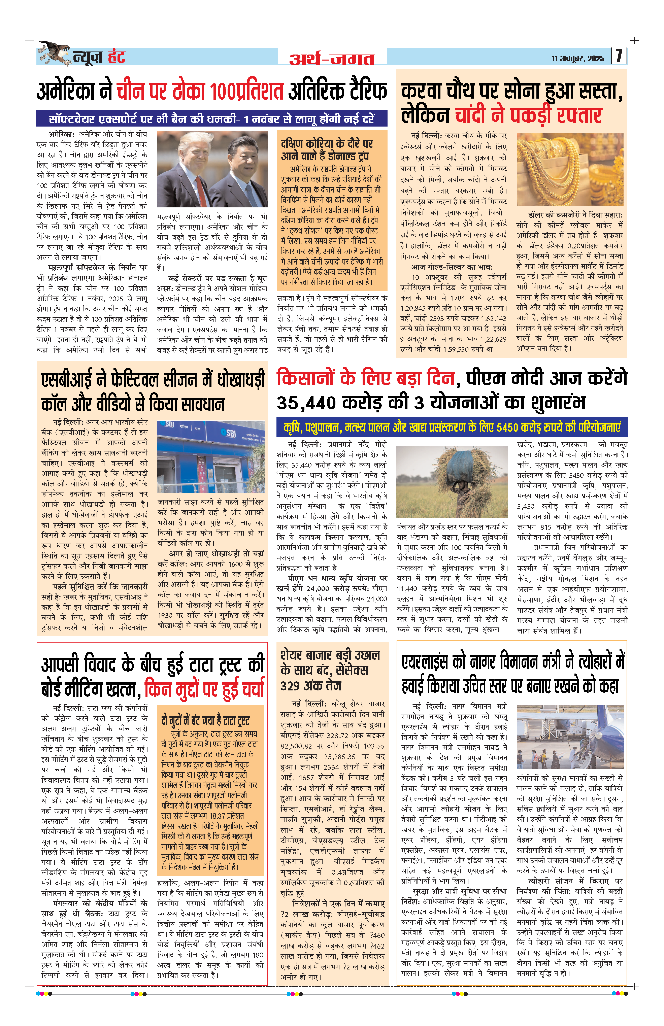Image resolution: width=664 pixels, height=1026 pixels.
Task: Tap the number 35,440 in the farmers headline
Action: pos(306,403)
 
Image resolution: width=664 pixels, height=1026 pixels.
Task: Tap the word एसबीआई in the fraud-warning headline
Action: pos(69,379)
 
